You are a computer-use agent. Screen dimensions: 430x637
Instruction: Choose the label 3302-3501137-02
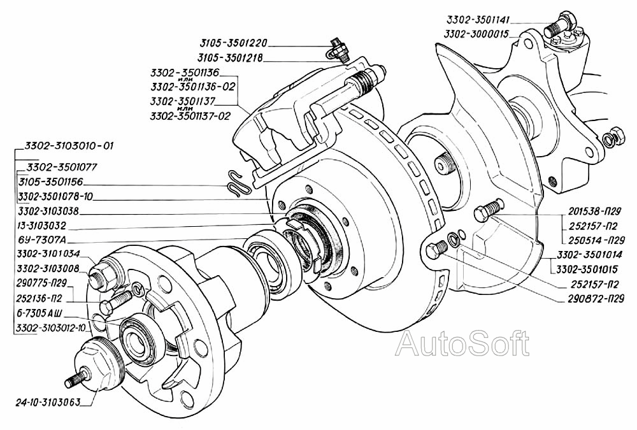coord(190,117)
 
